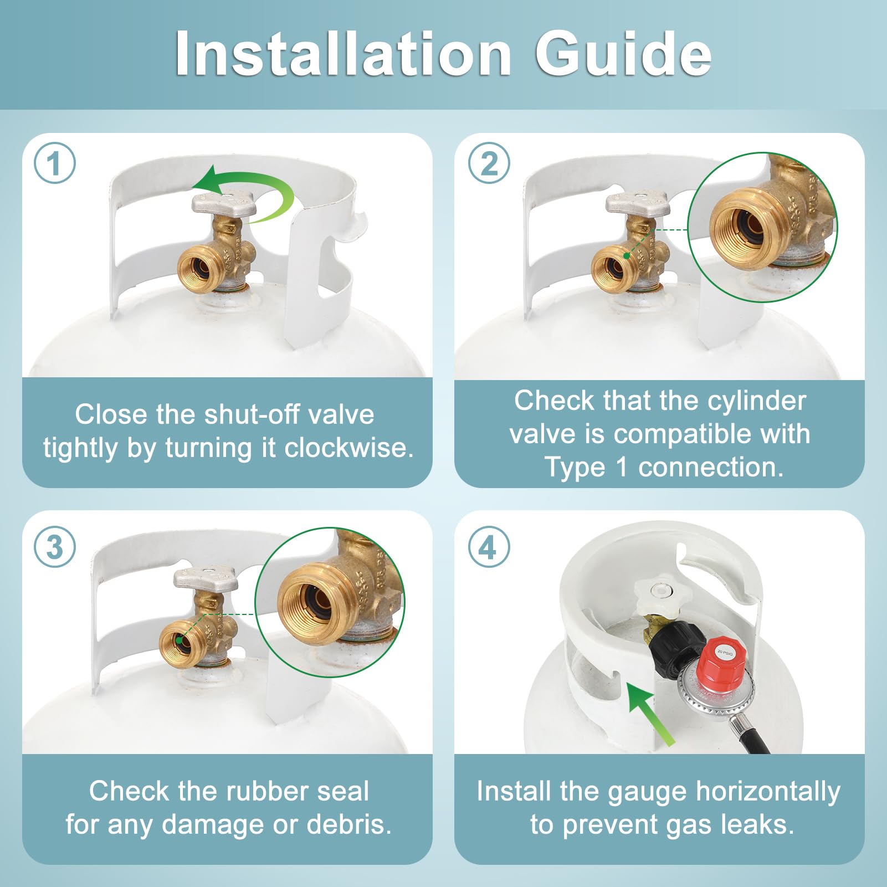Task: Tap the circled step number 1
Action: click(55, 163)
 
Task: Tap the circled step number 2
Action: click(489, 163)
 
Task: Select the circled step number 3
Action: click(55, 547)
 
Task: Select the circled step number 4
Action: click(489, 547)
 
